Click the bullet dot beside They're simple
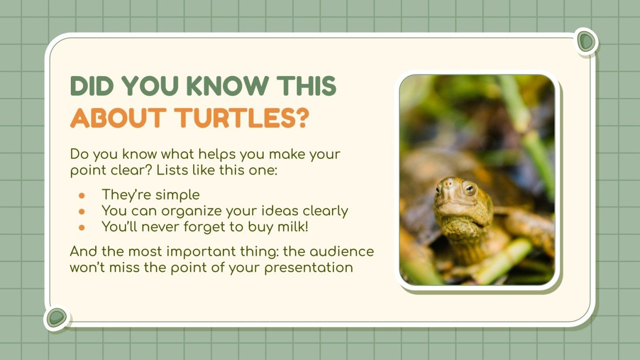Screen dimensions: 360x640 (x=82, y=196)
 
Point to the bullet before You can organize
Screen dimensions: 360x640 (x=82, y=211)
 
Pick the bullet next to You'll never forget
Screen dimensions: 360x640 (x=82, y=227)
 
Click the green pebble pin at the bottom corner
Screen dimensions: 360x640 (x=57, y=317)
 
